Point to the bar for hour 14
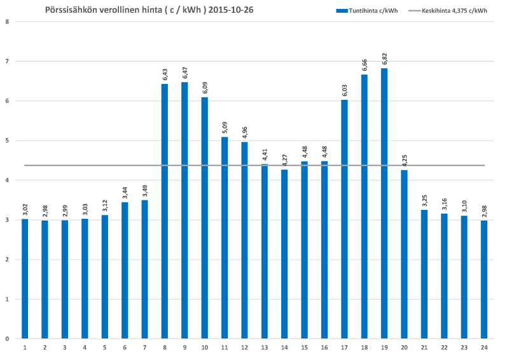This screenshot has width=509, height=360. coord(284,254)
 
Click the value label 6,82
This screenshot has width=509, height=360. coord(384,59)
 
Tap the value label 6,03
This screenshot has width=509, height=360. coord(344,90)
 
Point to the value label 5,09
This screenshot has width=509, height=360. coord(225,127)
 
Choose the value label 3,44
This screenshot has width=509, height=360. coord(125,193)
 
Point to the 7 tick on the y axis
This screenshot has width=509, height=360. coord(6,61)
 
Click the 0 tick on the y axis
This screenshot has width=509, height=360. coord(6,339)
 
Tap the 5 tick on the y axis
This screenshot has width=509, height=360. coord(6,141)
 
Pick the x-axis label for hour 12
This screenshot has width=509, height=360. coord(244,347)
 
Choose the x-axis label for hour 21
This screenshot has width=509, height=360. coord(424,347)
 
